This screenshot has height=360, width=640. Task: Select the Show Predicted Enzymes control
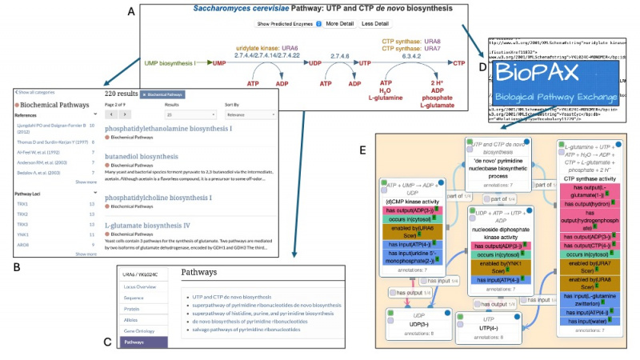(285, 24)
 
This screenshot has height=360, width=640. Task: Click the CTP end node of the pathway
(459, 62)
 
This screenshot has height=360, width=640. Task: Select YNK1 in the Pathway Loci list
(23, 235)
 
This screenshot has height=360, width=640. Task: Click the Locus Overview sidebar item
(141, 286)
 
